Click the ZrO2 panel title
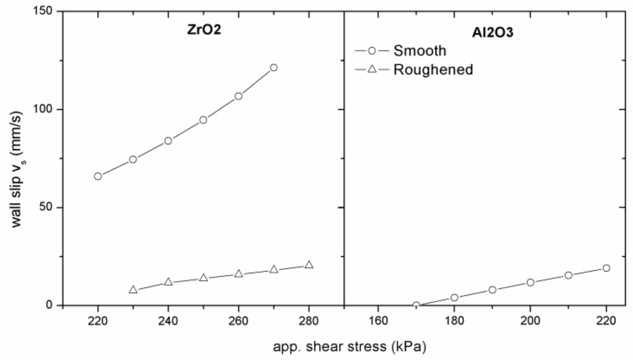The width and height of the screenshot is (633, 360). click(204, 30)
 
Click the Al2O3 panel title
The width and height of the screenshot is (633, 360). click(492, 33)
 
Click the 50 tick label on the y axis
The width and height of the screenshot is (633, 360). click(47, 207)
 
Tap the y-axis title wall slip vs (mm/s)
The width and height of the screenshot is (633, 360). click(17, 170)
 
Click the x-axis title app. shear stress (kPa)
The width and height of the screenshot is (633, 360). click(349, 346)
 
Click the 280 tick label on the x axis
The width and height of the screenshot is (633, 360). click(309, 321)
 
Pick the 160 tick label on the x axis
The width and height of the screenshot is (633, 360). click(378, 321)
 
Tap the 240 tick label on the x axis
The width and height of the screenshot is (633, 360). click(168, 321)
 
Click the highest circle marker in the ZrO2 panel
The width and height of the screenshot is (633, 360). click(273, 68)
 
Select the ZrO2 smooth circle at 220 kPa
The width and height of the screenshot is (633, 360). click(98, 176)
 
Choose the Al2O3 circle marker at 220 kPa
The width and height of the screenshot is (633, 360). click(606, 268)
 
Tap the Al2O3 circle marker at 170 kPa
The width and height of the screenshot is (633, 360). click(416, 305)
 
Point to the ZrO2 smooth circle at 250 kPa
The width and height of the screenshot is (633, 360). click(203, 120)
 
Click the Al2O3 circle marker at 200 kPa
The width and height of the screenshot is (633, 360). click(530, 283)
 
